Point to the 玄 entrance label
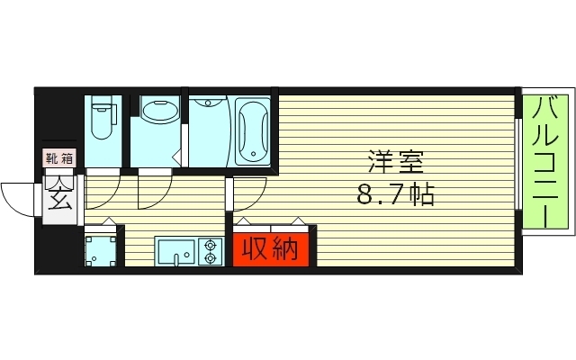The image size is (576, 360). click(60, 194)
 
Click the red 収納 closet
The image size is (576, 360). click(272, 249)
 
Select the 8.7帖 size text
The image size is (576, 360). click(396, 194)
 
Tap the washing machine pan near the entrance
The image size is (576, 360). click(102, 249)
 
